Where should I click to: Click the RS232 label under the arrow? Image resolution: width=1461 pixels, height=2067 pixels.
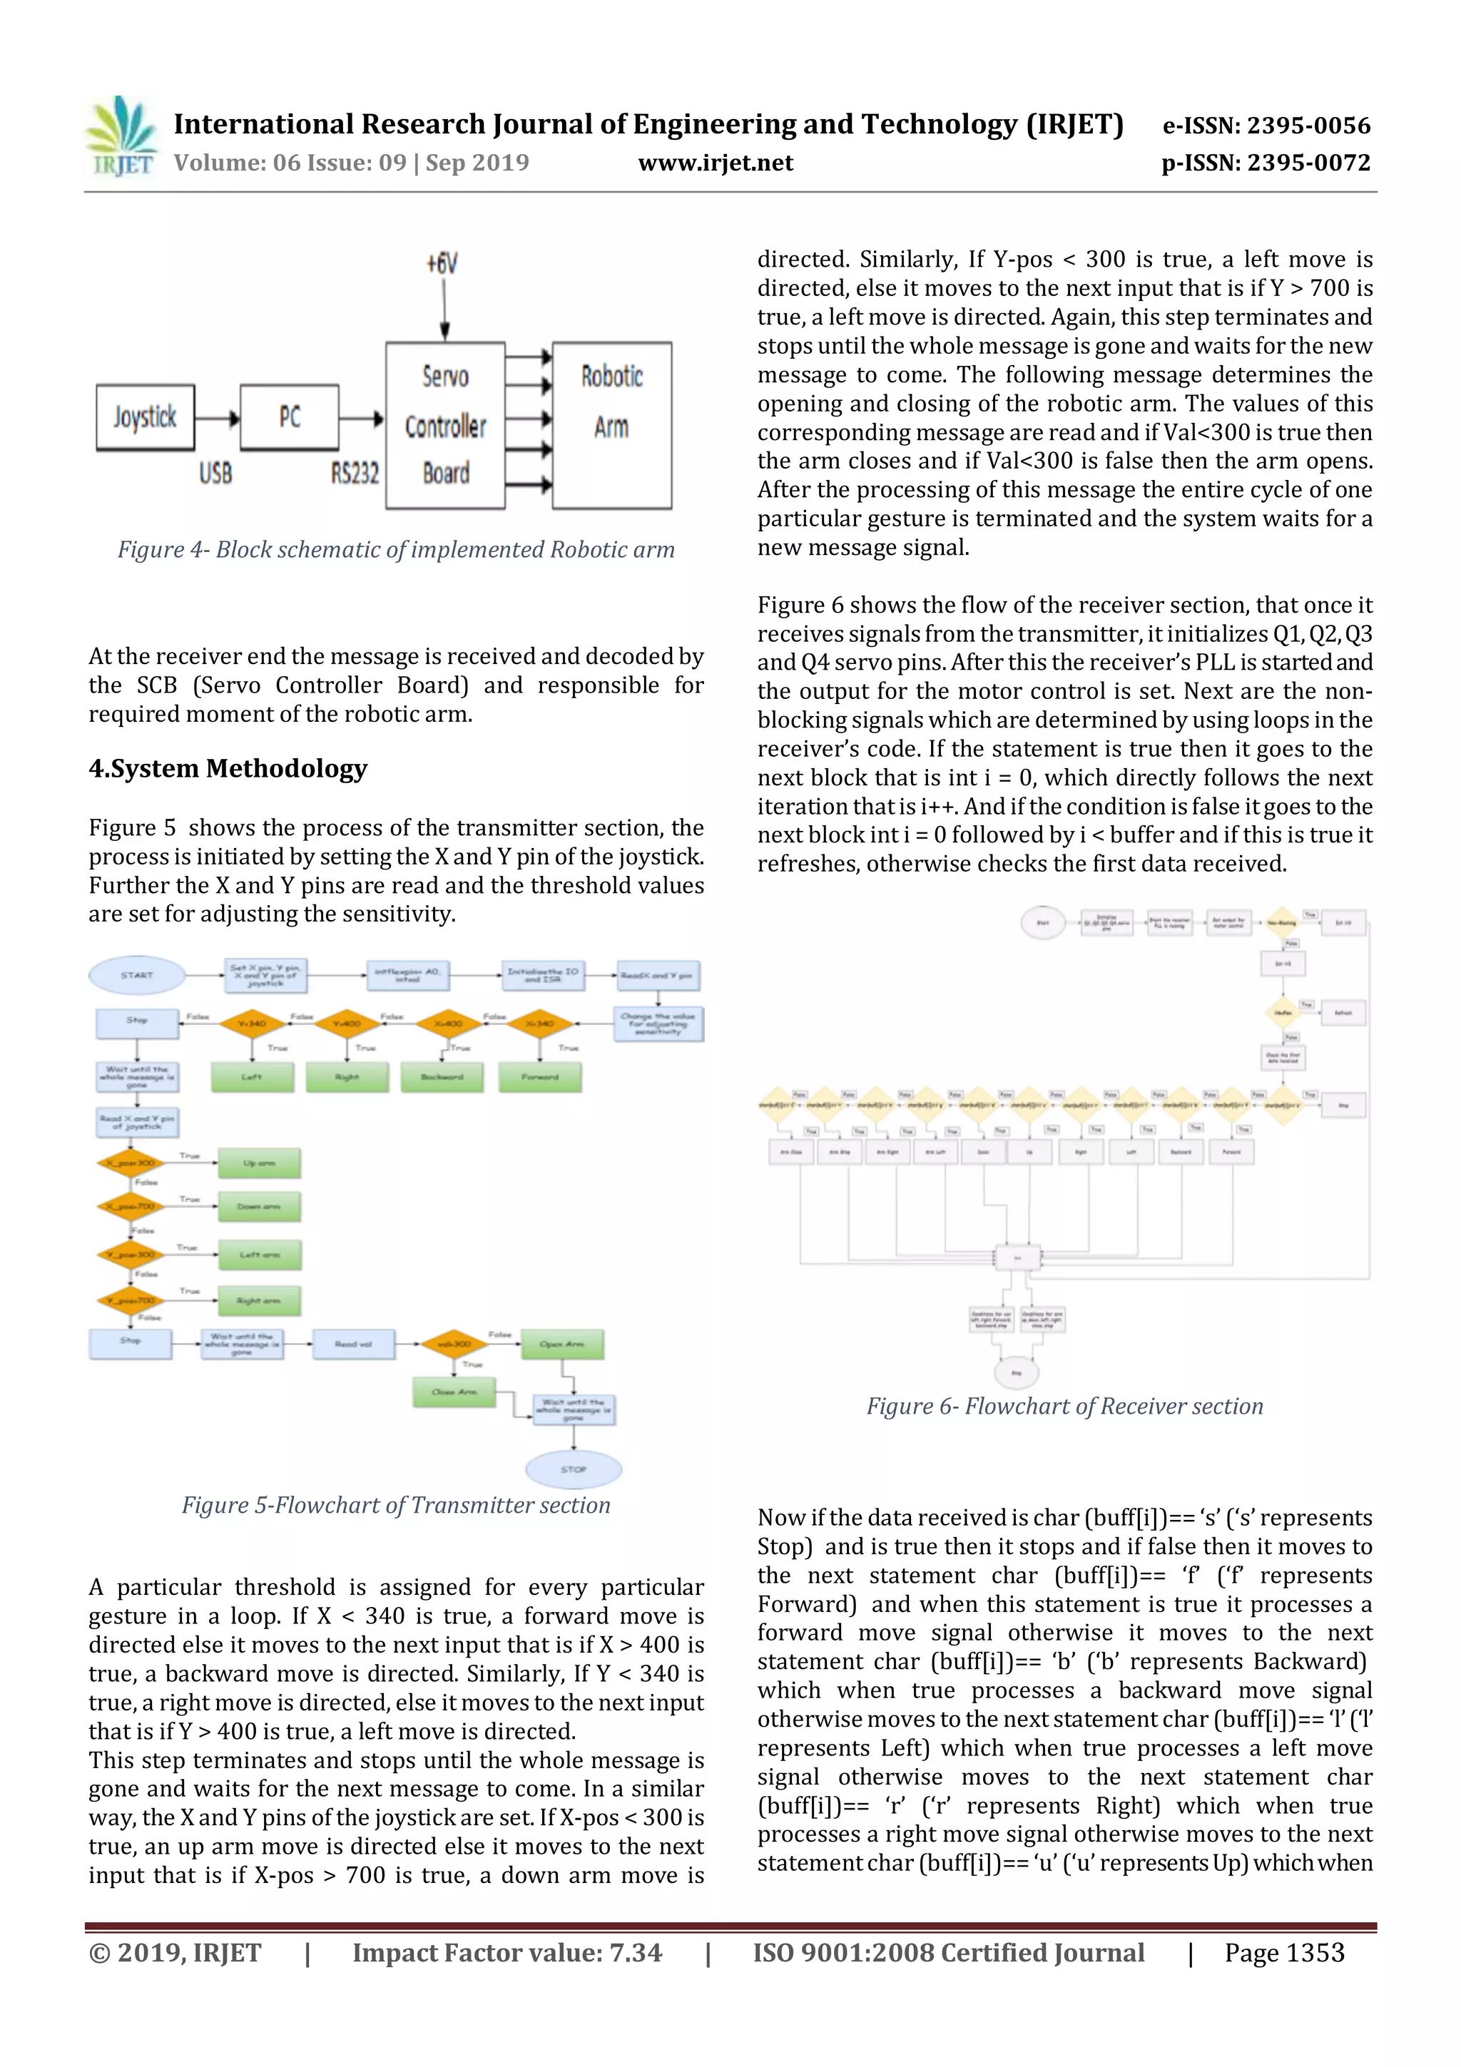[x=354, y=474]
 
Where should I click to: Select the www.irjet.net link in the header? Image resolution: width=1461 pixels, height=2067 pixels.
[x=716, y=163]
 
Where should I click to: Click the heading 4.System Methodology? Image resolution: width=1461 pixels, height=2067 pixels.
[x=228, y=768]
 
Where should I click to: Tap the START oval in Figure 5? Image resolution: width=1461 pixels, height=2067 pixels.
[x=137, y=975]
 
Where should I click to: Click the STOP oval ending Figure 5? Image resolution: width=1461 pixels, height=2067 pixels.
[x=573, y=1469]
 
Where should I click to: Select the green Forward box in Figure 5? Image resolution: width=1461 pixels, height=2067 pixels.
[x=540, y=1077]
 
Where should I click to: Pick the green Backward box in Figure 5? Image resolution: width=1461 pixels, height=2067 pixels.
[x=441, y=1077]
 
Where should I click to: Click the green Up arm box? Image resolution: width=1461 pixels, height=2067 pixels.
[x=259, y=1163]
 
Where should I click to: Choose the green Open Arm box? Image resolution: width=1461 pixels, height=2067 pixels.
[x=561, y=1344]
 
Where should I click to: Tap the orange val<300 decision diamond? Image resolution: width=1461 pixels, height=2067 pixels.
[x=454, y=1344]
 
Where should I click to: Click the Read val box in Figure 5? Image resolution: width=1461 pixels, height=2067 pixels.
[x=353, y=1344]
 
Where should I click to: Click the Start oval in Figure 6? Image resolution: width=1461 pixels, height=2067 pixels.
[x=1042, y=923]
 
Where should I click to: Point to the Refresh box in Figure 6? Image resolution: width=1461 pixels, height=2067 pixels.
[x=1343, y=1013]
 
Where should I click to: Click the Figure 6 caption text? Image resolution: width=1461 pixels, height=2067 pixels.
[x=1064, y=1407]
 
